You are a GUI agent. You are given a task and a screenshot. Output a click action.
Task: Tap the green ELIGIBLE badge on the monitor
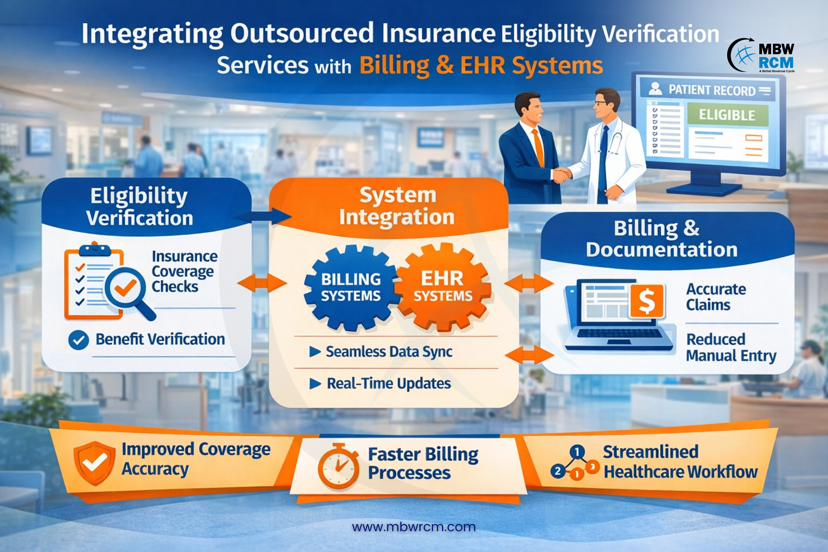point(727,115)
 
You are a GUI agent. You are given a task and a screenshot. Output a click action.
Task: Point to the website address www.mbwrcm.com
point(414,527)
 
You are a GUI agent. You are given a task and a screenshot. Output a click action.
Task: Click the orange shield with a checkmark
point(94,462)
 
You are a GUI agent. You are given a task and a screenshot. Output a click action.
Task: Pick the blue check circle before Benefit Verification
point(78,340)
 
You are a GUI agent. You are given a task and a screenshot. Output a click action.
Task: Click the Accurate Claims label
point(715,297)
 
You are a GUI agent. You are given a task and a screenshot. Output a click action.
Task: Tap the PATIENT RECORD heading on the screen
point(711,90)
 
